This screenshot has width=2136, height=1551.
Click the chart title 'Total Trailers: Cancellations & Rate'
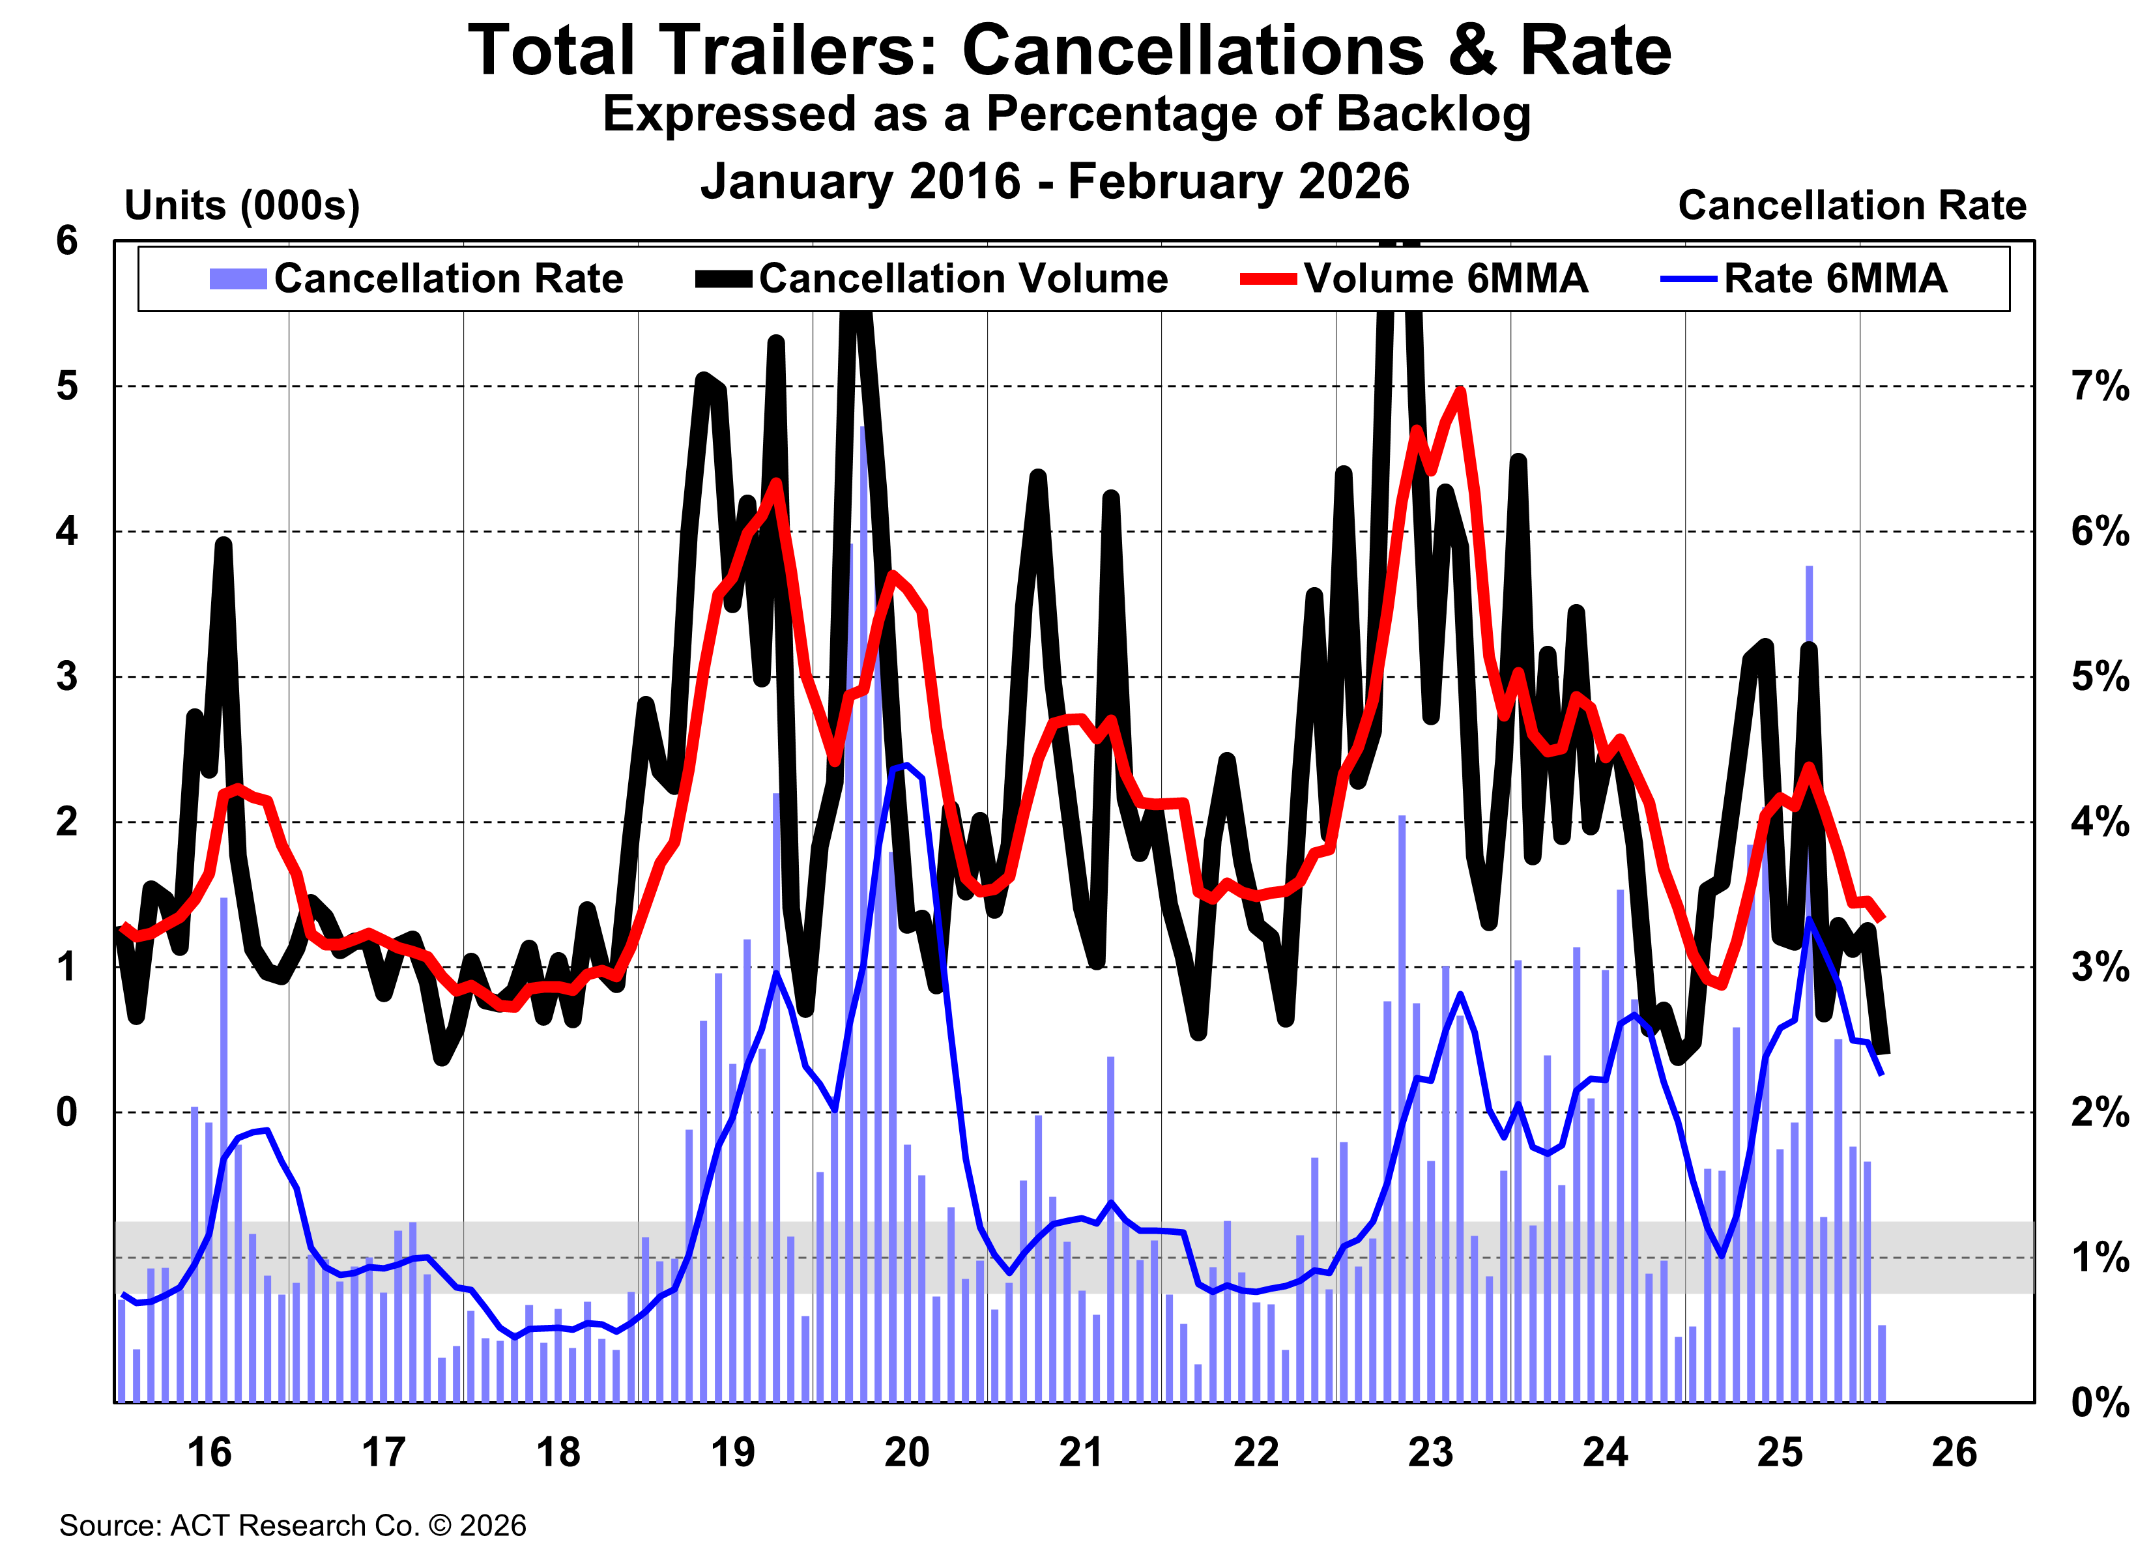(1069, 51)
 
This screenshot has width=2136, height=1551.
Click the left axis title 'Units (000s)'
(242, 205)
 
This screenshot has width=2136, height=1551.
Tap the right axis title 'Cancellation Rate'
(1852, 205)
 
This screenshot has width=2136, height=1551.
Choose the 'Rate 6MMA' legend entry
(1834, 279)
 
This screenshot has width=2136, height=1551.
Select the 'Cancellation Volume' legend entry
(962, 279)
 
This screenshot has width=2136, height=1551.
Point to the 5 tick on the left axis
(67, 386)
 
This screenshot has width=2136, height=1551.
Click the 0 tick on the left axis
(67, 1112)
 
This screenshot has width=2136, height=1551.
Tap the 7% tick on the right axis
(2098, 386)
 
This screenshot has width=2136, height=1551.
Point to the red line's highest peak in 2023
(1460, 391)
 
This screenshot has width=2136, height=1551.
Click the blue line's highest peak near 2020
(905, 766)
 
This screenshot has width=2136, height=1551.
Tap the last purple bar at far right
(1882, 1363)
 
